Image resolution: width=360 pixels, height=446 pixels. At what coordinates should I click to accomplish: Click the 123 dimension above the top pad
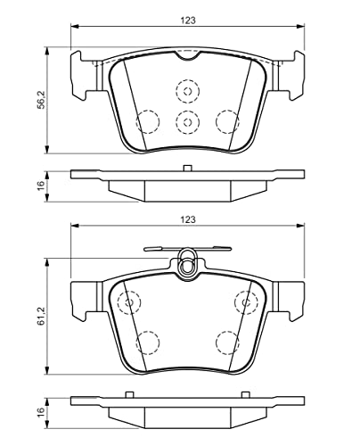pyautogui.click(x=188, y=21)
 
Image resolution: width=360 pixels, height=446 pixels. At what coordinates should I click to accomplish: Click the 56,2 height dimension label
pyautogui.click(x=41, y=100)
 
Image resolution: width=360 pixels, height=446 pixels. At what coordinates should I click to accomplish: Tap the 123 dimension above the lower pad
pyautogui.click(x=188, y=219)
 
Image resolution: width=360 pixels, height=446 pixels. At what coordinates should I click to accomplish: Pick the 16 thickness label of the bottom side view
pyautogui.click(x=41, y=411)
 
